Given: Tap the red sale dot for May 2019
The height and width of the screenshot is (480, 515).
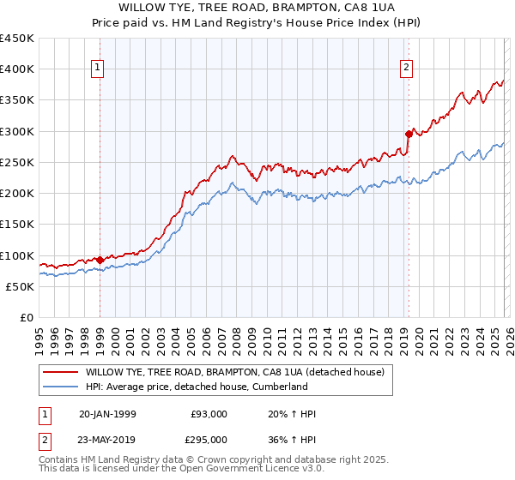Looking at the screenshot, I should pyautogui.click(x=409, y=133).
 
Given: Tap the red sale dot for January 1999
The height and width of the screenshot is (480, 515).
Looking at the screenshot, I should pyautogui.click(x=100, y=260).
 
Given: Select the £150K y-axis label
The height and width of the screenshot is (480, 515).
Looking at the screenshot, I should pyautogui.click(x=17, y=225).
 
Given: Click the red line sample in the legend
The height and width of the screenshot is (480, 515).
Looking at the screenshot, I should pyautogui.click(x=60, y=372).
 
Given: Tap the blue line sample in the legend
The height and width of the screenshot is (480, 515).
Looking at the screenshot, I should pyautogui.click(x=60, y=387).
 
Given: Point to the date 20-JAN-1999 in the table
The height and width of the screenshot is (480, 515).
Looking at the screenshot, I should pyautogui.click(x=107, y=414).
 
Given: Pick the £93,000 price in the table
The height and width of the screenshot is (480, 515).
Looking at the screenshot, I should pyautogui.click(x=209, y=414).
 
